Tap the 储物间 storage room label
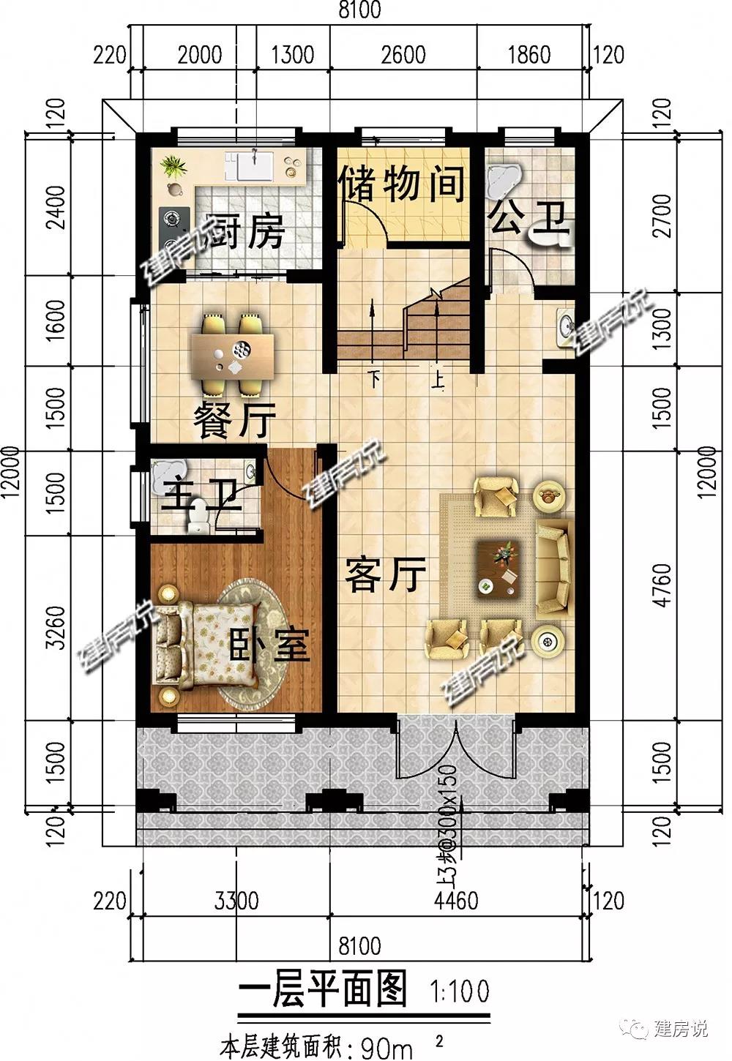[403, 184]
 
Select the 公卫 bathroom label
[529, 218]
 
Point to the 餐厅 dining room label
[234, 420]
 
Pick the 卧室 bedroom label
[269, 645]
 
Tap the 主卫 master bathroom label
[201, 495]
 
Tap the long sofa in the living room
[554, 569]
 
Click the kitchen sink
[250, 166]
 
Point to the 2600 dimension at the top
[403, 54]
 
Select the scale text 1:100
[460, 991]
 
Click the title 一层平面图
[322, 989]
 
